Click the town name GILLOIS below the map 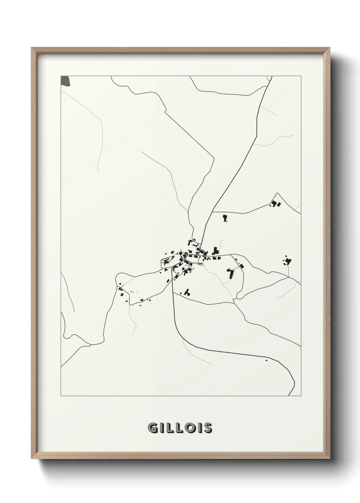180,428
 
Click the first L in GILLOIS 171,428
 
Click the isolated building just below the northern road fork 225,218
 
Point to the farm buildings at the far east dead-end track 288,261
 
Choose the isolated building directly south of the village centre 186,292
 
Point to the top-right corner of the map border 301,76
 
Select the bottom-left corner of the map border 61,396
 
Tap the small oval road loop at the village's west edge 166,262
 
